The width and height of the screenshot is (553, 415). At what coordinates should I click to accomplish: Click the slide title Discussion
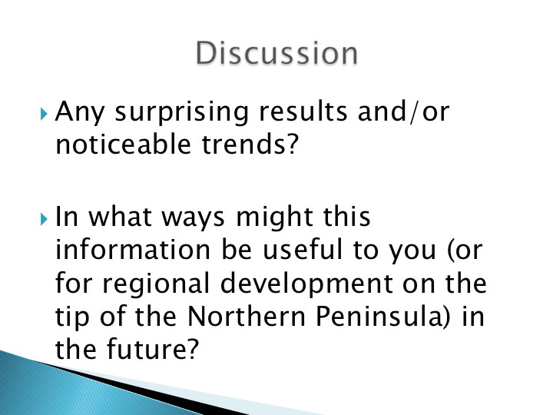click(x=276, y=53)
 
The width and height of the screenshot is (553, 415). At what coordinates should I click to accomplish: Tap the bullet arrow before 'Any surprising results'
click(x=44, y=114)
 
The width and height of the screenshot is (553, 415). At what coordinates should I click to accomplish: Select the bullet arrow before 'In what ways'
click(x=44, y=219)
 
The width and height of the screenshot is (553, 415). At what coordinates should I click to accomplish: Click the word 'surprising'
click(x=182, y=113)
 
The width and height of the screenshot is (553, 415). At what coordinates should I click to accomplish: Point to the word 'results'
click(x=303, y=111)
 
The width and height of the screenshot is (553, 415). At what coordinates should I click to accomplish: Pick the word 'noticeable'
click(x=124, y=144)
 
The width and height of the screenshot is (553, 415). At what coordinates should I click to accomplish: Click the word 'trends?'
click(x=250, y=144)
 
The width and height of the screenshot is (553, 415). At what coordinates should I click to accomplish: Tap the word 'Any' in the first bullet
click(x=80, y=113)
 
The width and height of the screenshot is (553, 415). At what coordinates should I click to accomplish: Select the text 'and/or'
click(x=404, y=111)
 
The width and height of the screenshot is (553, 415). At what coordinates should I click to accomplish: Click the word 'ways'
click(x=193, y=219)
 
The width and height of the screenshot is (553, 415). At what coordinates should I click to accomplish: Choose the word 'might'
click(x=274, y=218)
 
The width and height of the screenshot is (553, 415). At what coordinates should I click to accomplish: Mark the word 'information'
click(x=133, y=249)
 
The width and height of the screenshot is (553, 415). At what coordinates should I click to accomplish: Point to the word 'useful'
click(x=303, y=249)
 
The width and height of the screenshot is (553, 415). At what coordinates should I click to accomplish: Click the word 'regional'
click(x=156, y=284)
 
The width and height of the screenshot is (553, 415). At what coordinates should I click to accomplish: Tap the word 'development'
click(x=306, y=284)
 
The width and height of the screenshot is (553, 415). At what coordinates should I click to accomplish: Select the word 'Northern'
click(x=247, y=316)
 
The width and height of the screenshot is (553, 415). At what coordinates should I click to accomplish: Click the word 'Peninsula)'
click(x=383, y=317)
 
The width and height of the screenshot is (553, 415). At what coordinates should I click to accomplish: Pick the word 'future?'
click(x=153, y=349)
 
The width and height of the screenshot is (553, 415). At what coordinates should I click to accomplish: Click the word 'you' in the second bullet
click(x=412, y=251)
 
